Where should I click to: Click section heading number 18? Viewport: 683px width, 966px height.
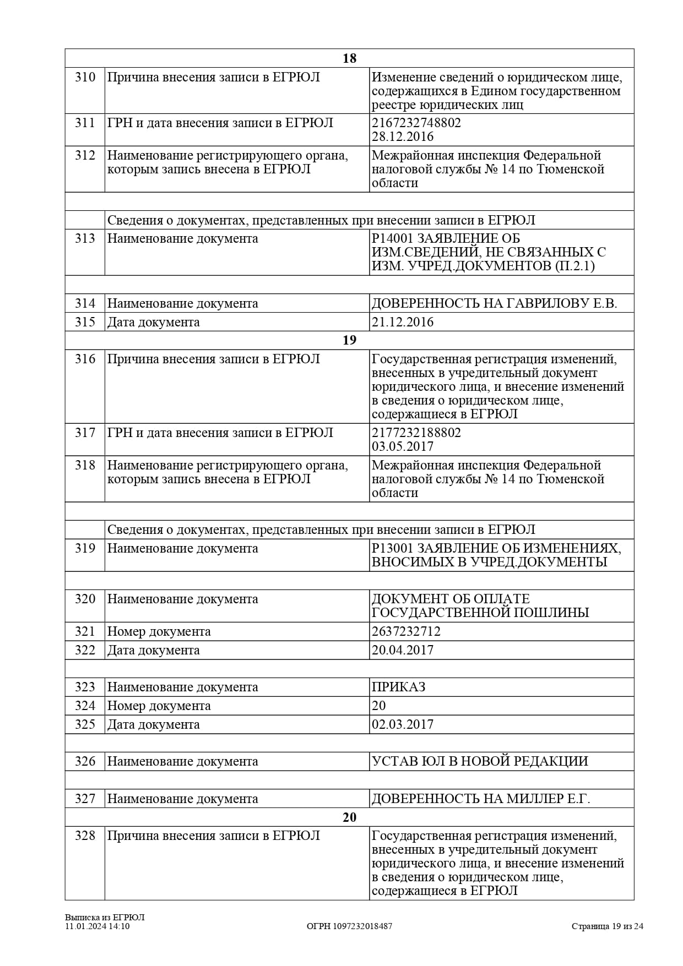pos(349,58)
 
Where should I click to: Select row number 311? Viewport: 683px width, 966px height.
pos(85,123)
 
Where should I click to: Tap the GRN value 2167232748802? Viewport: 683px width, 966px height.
pos(416,123)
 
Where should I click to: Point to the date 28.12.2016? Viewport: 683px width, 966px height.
pos(403,137)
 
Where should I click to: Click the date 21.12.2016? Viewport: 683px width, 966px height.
pos(403,322)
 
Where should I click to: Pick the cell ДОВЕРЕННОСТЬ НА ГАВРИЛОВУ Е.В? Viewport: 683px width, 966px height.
pos(494,303)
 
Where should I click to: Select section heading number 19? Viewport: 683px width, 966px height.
pos(349,340)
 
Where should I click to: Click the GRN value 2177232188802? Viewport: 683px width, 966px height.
pos(416,433)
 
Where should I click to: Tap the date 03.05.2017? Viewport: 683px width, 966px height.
pos(403,446)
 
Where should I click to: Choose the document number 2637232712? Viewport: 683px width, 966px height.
pos(406,631)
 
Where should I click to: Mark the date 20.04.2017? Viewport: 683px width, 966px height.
pos(403,650)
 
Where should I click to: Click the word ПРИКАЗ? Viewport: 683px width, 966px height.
pos(398,687)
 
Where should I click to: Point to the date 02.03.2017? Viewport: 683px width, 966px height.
pos(403,724)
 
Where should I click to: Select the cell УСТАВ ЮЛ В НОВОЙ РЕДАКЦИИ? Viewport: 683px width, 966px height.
pos(480,761)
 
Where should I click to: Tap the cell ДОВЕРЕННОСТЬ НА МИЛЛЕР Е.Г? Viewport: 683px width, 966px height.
pos(481,799)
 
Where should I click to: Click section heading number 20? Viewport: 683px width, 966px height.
pos(349,817)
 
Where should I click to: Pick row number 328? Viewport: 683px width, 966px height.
pos(85,836)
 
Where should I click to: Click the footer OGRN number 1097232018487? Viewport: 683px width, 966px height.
pos(349,926)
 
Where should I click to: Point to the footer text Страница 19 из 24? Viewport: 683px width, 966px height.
pos(607,926)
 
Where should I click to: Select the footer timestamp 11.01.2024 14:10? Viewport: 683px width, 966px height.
pos(97,926)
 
